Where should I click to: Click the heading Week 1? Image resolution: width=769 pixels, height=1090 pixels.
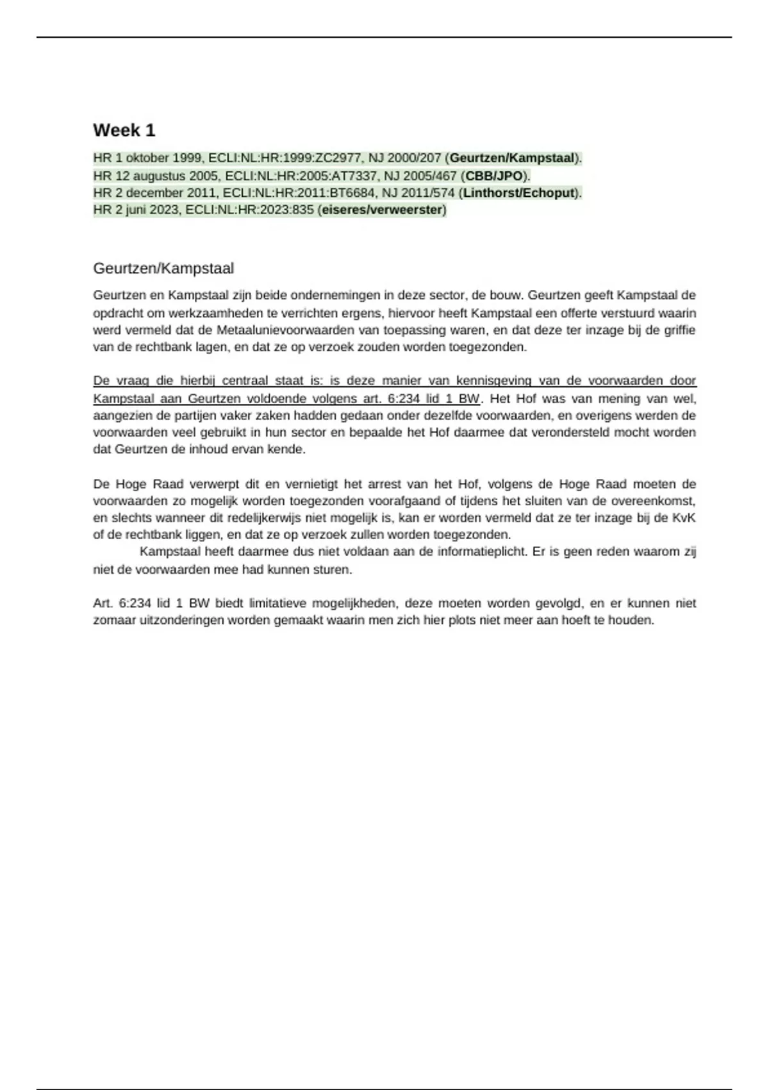click(x=124, y=130)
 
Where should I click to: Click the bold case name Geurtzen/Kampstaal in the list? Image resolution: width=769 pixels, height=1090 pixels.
click(x=512, y=158)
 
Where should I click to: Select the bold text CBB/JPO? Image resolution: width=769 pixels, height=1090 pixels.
click(x=494, y=176)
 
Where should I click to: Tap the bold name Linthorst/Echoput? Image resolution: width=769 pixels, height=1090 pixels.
click(x=518, y=192)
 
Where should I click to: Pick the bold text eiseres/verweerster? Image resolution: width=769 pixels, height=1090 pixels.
click(x=382, y=210)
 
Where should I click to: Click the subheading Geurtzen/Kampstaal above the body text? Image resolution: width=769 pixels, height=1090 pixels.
click(x=163, y=268)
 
